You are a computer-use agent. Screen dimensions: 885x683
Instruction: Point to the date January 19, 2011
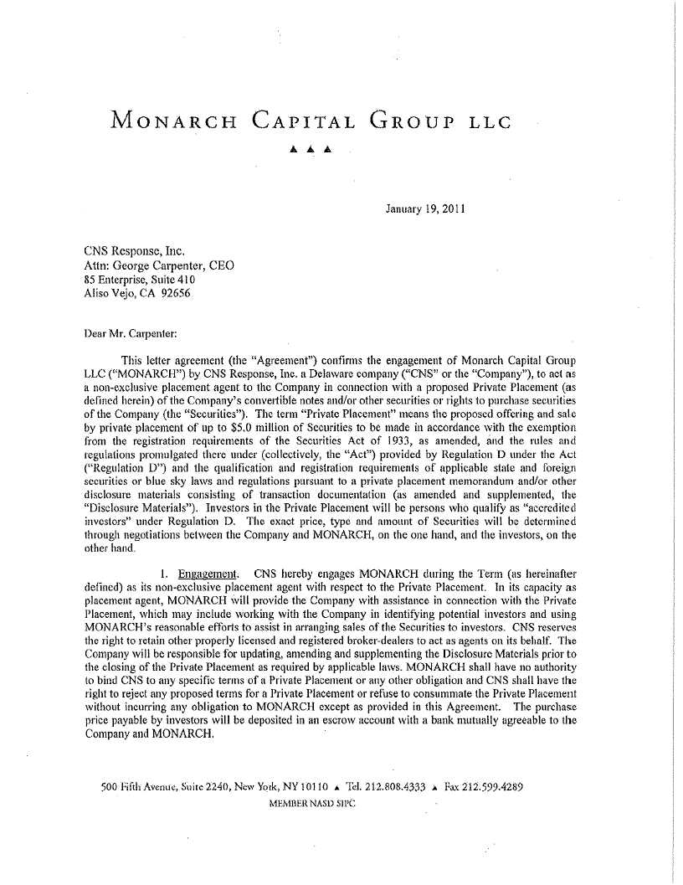coord(426,207)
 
